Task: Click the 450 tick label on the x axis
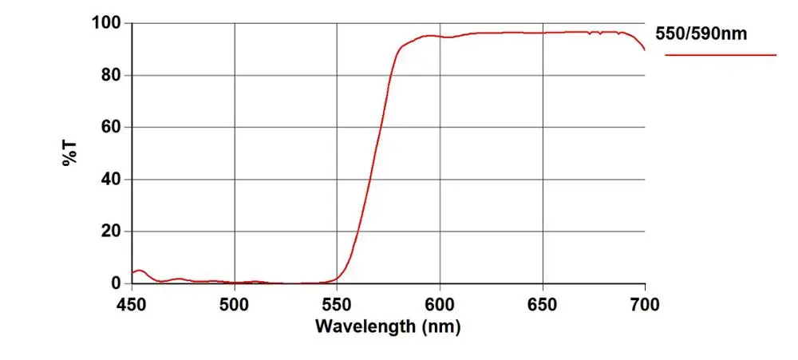click(132, 303)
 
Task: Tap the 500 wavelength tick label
click(234, 303)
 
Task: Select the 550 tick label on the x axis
click(337, 303)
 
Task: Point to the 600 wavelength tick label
click(440, 303)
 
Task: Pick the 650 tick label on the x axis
click(543, 303)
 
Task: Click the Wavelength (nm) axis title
click(388, 326)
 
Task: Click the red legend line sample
click(721, 55)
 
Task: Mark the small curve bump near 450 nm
click(140, 271)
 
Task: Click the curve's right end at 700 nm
click(644, 49)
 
